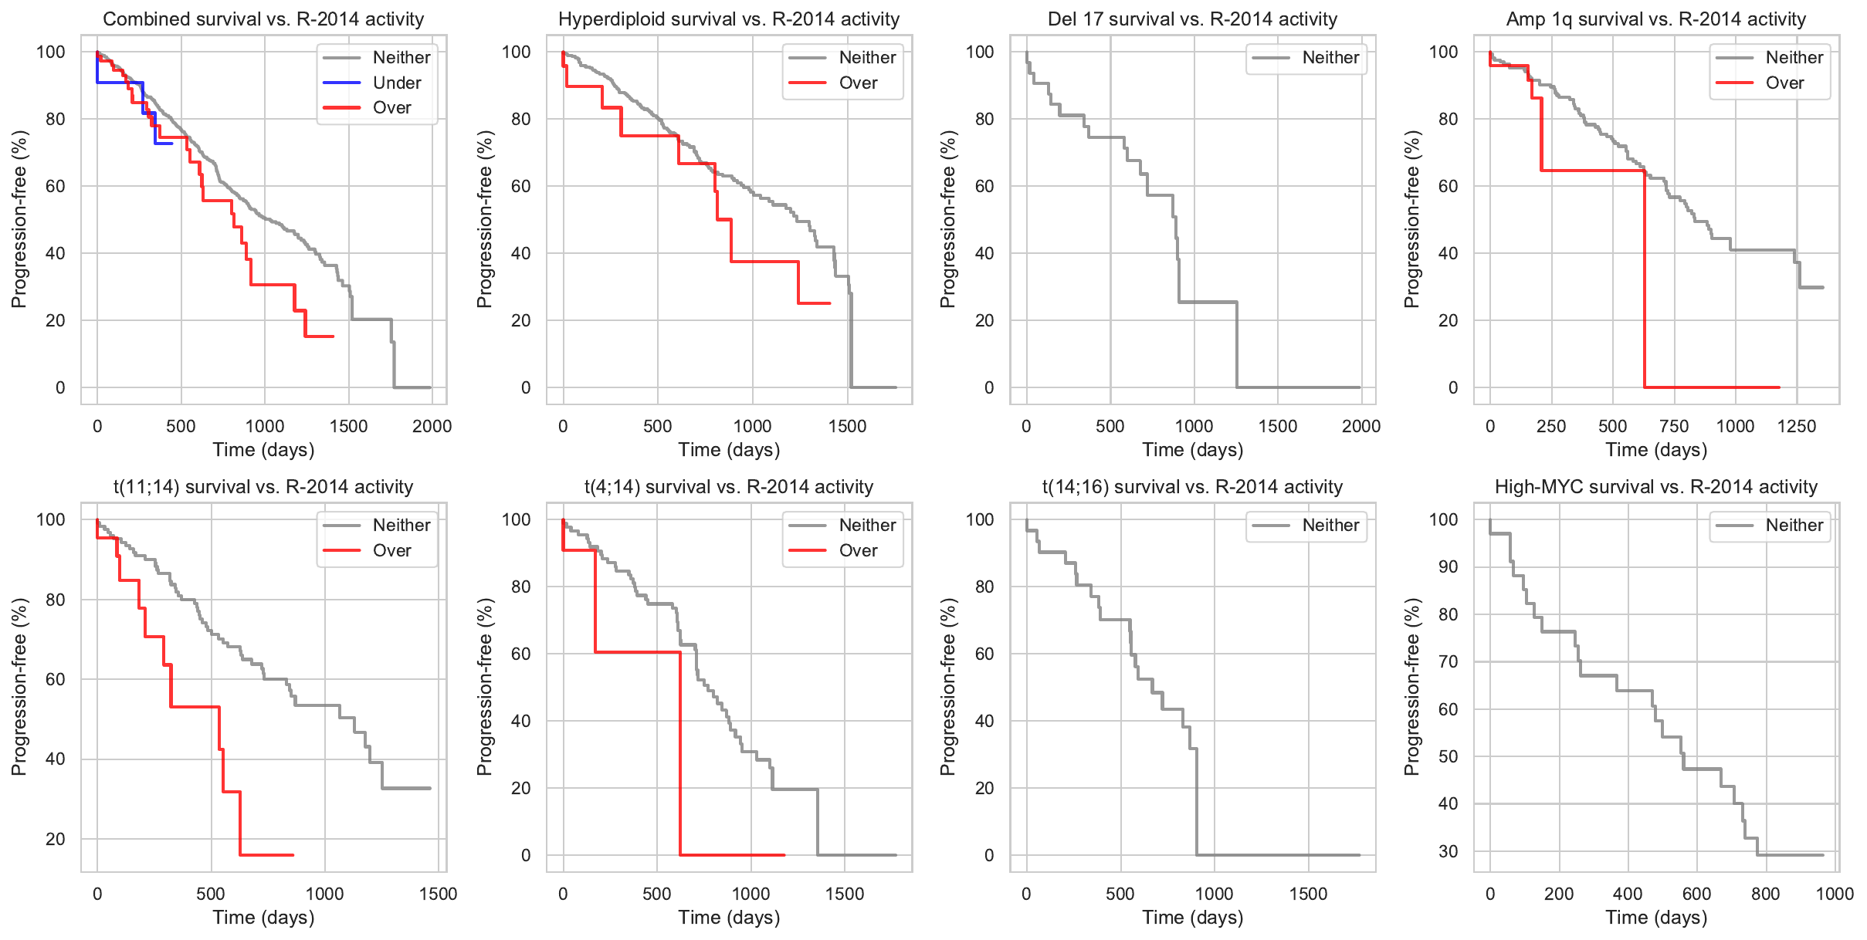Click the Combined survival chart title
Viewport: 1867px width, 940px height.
263,19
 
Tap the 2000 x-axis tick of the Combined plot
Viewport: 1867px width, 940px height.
432,426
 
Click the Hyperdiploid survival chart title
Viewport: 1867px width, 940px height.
729,19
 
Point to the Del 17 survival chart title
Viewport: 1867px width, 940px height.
1192,19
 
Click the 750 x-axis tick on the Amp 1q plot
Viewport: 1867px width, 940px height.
1674,426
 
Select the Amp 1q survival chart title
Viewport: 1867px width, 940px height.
1656,19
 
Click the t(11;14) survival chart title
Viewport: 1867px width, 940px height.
263,487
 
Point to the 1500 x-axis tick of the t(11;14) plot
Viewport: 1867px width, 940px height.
438,894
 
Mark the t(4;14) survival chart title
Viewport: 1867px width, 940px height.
729,487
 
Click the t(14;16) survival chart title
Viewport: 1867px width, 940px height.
1192,487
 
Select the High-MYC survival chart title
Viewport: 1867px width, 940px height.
1656,487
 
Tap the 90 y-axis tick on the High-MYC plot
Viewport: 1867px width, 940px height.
1448,567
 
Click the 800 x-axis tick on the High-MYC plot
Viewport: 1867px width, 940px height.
1765,894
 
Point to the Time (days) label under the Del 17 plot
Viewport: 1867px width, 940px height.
1192,450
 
